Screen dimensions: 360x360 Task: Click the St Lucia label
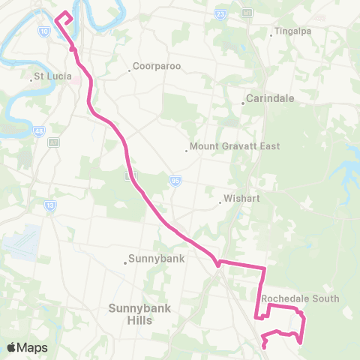(52, 76)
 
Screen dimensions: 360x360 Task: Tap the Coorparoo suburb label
(158, 66)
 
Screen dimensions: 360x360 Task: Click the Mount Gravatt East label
(235, 146)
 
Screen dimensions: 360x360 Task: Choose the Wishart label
(241, 200)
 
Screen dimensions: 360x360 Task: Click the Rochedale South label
(300, 298)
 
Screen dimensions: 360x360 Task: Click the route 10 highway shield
(44, 31)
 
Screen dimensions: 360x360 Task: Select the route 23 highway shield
(220, 14)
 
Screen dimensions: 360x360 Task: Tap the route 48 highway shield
(39, 131)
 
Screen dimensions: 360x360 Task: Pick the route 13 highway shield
(49, 205)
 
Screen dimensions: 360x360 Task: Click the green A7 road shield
(54, 142)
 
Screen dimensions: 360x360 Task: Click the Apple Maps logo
(27, 347)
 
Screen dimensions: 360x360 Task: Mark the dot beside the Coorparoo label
(131, 71)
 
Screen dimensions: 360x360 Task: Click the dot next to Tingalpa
(271, 34)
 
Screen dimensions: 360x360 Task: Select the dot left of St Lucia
(31, 77)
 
